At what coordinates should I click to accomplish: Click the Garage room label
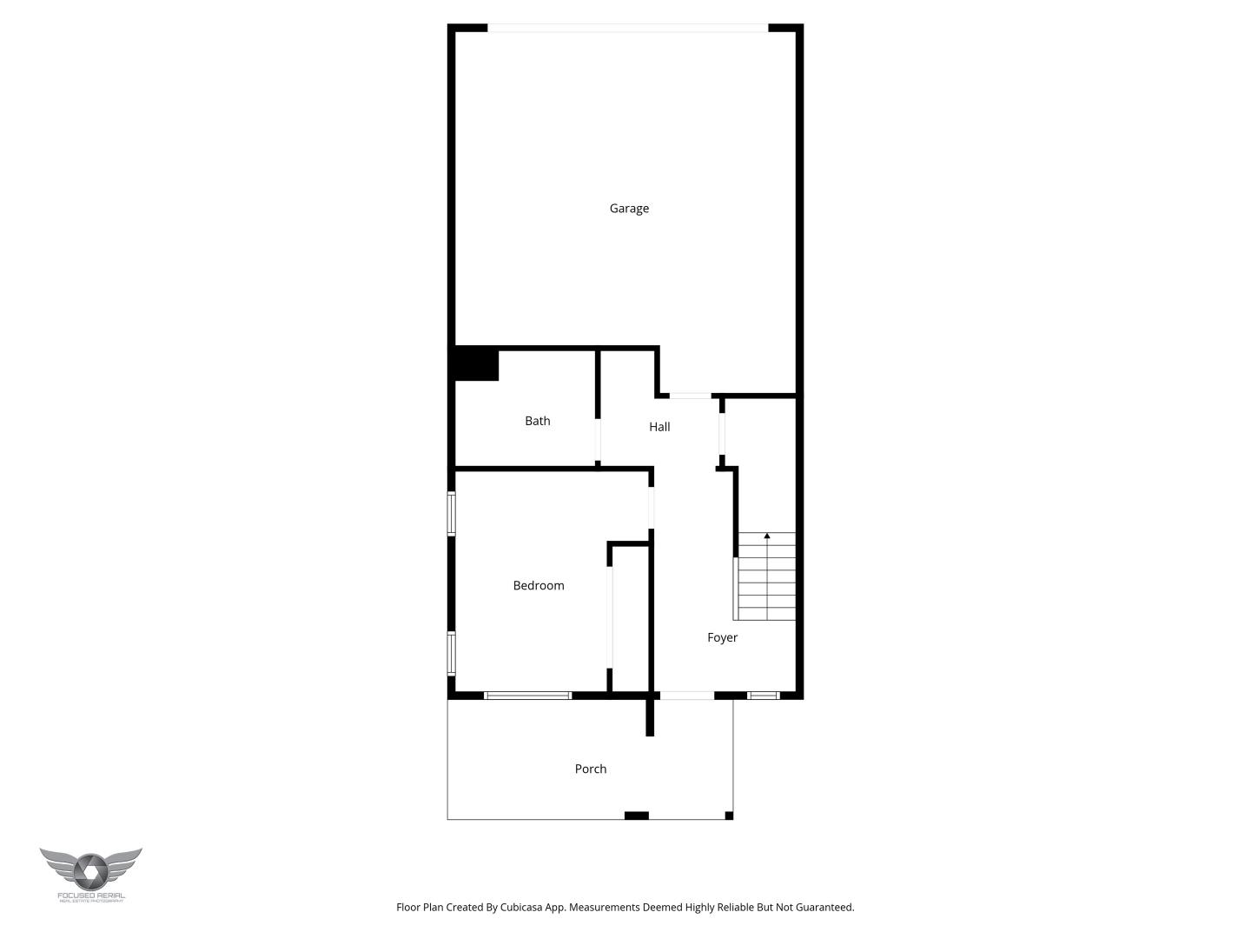pyautogui.click(x=629, y=209)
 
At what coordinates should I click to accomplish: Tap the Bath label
pyautogui.click(x=537, y=421)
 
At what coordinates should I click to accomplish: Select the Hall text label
pyautogui.click(x=659, y=427)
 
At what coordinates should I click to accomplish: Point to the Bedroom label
pyautogui.click(x=539, y=586)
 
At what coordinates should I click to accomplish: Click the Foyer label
pyautogui.click(x=722, y=638)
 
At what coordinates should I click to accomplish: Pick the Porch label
pyautogui.click(x=591, y=769)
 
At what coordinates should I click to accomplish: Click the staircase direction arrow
pyautogui.click(x=766, y=536)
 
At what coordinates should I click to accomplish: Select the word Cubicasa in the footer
pyautogui.click(x=521, y=908)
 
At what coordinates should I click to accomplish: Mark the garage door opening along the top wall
pyautogui.click(x=628, y=29)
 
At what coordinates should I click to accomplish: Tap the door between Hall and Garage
pyautogui.click(x=690, y=396)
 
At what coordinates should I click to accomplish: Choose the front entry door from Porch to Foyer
pyautogui.click(x=686, y=696)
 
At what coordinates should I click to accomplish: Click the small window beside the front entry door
pyautogui.click(x=763, y=696)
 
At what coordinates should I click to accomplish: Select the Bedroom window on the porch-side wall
pyautogui.click(x=527, y=696)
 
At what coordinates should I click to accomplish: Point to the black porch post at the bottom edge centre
pyautogui.click(x=637, y=816)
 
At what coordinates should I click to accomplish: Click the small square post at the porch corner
pyautogui.click(x=729, y=816)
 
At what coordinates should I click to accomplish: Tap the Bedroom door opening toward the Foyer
pyautogui.click(x=652, y=508)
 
